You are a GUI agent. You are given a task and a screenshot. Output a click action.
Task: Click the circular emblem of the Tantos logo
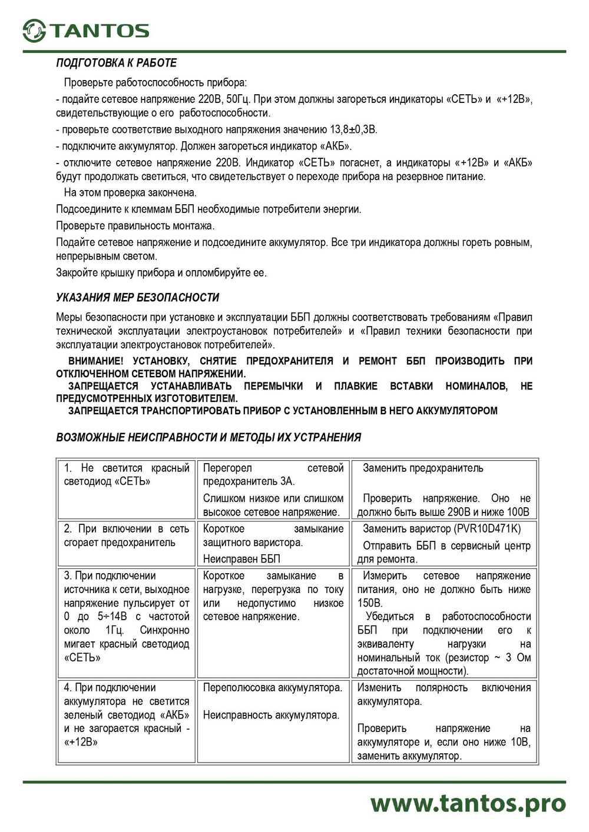[x=34, y=31]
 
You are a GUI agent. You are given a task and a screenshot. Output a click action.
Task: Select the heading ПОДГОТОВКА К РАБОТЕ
[x=116, y=63]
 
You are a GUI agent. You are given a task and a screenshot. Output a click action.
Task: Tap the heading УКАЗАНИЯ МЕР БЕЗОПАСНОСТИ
[x=137, y=298]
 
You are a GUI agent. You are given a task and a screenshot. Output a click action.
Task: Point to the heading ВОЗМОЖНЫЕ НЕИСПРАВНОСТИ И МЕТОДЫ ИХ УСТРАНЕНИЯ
[x=209, y=437]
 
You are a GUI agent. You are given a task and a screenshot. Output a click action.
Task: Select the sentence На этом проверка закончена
[x=130, y=192]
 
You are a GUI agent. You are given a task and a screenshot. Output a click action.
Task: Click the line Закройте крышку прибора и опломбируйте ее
[x=161, y=272]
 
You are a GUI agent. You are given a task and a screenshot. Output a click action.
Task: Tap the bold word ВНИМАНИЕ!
[x=96, y=361]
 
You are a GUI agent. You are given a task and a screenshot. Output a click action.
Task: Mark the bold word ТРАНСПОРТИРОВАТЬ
[x=194, y=411]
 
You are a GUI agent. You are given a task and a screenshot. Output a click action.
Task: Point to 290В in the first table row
[x=460, y=512]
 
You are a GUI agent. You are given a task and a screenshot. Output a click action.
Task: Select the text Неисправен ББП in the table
[x=241, y=558]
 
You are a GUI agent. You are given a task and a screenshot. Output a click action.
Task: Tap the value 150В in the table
[x=369, y=603]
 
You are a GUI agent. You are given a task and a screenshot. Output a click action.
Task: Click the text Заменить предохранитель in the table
[x=423, y=468]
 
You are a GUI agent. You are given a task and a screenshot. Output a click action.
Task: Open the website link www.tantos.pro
[x=468, y=803]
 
